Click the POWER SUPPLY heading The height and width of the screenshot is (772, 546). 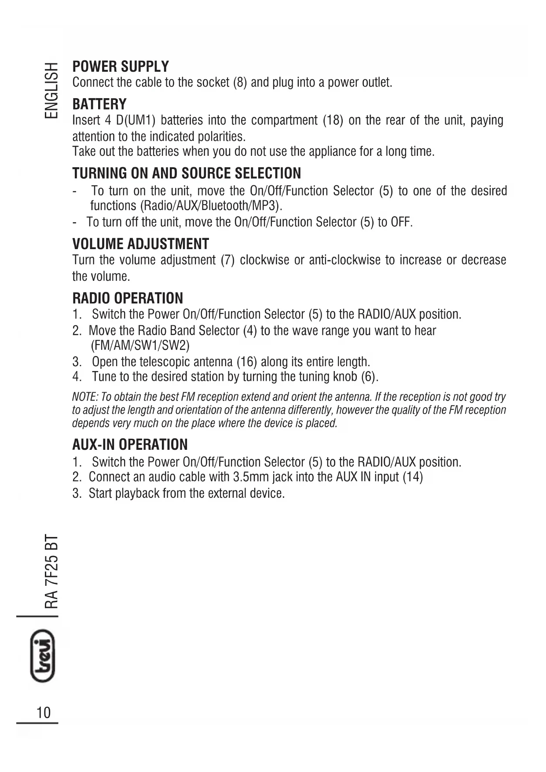coord(121,67)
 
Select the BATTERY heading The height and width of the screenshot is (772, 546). coord(99,104)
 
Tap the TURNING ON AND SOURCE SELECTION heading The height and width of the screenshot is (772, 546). coord(187,173)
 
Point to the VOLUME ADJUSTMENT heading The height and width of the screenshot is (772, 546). coord(141,244)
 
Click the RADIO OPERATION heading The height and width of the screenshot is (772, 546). coord(128,298)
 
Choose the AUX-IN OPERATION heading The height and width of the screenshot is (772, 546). coord(130,445)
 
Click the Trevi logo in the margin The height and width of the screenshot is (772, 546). coord(43,656)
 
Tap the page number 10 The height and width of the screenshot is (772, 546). coord(44,712)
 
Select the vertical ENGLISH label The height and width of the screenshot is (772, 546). coord(51,90)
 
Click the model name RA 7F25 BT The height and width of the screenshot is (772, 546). coord(51,571)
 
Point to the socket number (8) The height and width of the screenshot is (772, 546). coord(240,83)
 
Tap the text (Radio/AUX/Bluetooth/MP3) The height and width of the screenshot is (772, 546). coord(211,206)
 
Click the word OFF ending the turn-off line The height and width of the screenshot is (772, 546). coord(401,222)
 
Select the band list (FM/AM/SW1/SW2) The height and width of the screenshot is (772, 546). coord(140,346)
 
